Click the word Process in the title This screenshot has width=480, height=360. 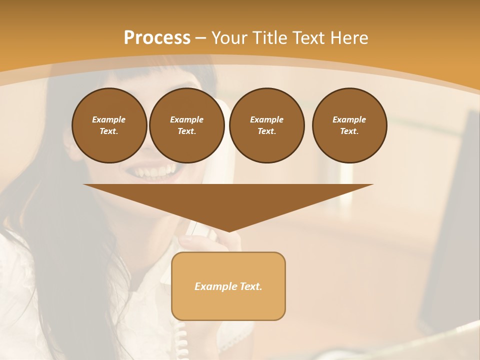(157, 38)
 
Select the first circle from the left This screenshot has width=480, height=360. (109, 125)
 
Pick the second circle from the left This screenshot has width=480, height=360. (187, 125)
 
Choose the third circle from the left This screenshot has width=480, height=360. (267, 125)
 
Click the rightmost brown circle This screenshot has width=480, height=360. (349, 125)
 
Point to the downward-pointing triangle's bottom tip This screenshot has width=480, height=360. (228, 230)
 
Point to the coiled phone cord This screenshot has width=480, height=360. (182, 340)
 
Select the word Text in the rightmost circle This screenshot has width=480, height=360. (349, 131)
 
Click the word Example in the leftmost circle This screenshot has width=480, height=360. (109, 119)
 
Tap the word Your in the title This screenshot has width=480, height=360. (228, 38)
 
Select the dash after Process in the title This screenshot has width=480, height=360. (200, 38)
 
